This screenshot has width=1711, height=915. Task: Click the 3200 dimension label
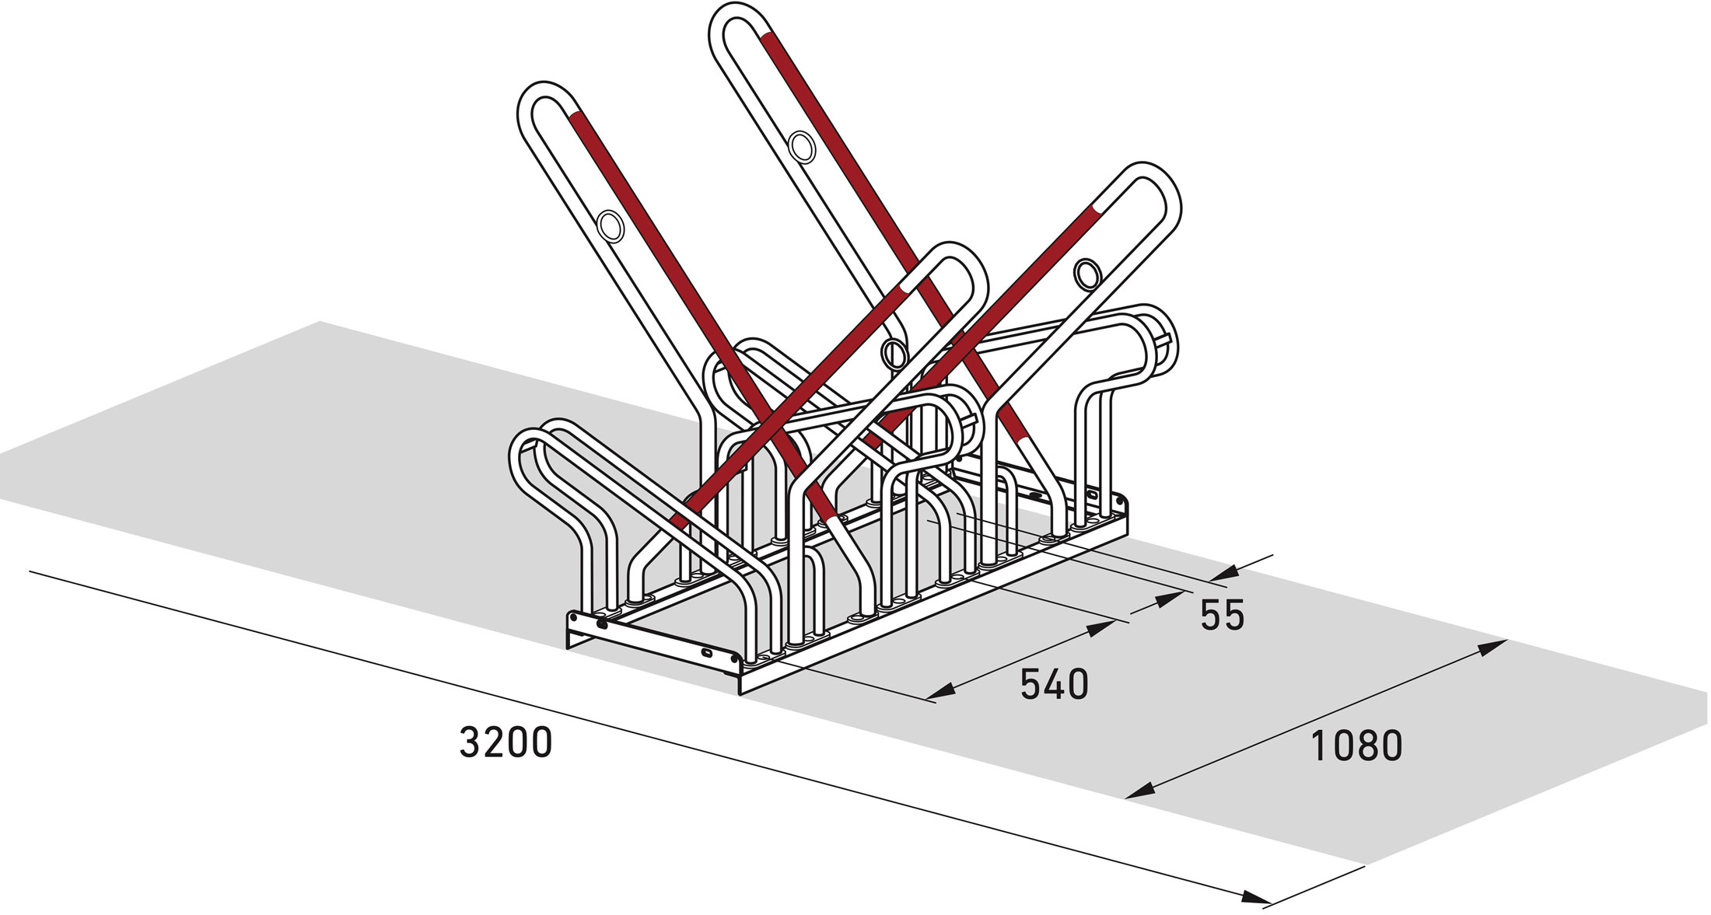pos(506,742)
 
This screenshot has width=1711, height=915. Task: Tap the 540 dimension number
pos(1054,685)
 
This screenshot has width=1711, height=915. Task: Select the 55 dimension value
pos(1223,616)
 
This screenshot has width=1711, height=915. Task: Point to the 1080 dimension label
pos(1357,745)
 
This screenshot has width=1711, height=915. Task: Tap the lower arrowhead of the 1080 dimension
pos(1140,791)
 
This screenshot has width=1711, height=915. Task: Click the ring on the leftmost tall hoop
pos(611,226)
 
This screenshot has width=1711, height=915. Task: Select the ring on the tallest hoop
pos(801,147)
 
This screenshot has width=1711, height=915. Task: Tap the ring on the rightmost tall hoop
pos(1087,274)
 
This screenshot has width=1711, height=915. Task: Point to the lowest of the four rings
pos(894,354)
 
